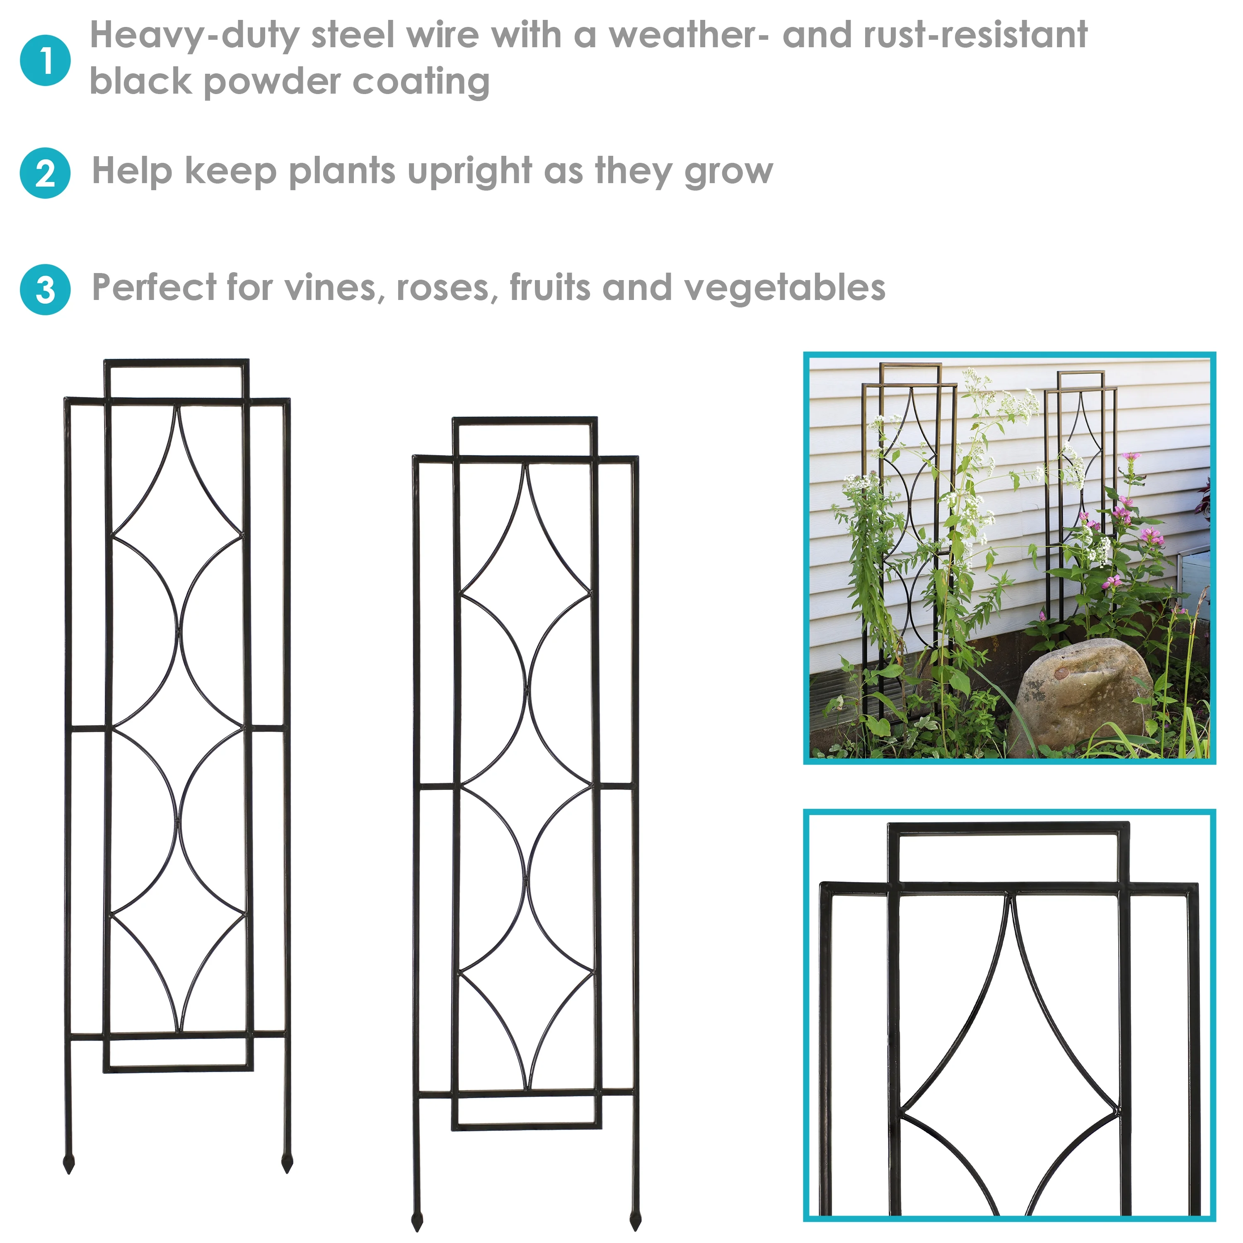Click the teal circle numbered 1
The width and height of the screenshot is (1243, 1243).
pyautogui.click(x=45, y=60)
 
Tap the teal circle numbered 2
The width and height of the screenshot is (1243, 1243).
pyautogui.click(x=45, y=173)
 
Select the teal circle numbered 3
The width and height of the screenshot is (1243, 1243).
pyautogui.click(x=45, y=290)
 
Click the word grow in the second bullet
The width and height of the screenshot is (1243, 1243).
pyautogui.click(x=728, y=172)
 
